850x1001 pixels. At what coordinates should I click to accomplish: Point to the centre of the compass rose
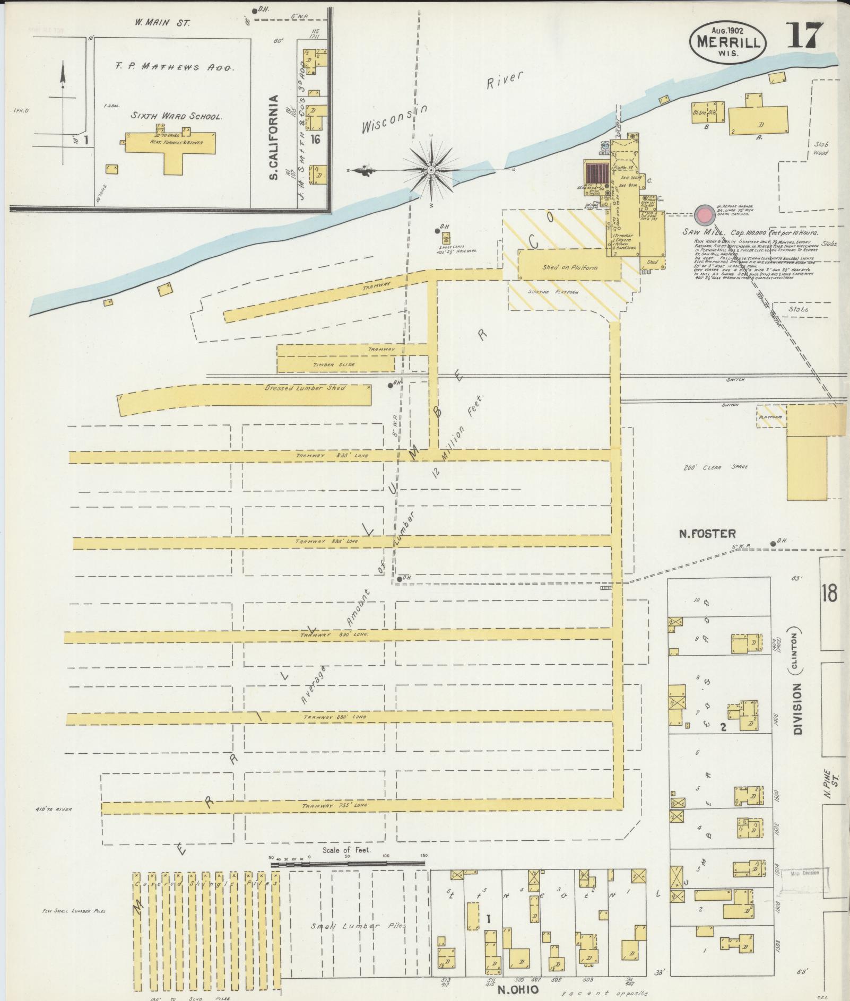431,170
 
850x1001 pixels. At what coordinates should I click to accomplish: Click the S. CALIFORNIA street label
274,137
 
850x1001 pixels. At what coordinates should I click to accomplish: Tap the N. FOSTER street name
707,534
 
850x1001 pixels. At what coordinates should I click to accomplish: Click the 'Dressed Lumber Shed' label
305,388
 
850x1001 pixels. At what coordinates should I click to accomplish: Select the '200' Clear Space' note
715,467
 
